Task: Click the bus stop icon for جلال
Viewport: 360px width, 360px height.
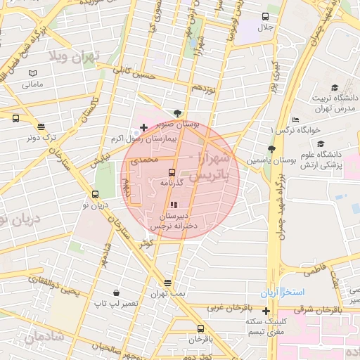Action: tap(266, 16)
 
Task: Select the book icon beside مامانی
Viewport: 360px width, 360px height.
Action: tap(32, 73)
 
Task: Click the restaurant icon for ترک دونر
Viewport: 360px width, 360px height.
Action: tap(41, 127)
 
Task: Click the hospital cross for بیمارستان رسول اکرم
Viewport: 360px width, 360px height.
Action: tap(143, 127)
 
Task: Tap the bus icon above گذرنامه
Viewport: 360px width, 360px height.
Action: tap(172, 172)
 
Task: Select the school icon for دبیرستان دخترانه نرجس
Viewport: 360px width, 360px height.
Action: tap(173, 205)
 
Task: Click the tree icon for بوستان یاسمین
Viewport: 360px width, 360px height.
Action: tap(271, 149)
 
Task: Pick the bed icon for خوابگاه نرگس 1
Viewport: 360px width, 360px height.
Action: tap(295, 120)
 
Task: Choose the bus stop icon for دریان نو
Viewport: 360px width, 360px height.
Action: tap(95, 195)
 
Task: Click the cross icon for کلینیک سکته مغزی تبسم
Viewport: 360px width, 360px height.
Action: tap(266, 310)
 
